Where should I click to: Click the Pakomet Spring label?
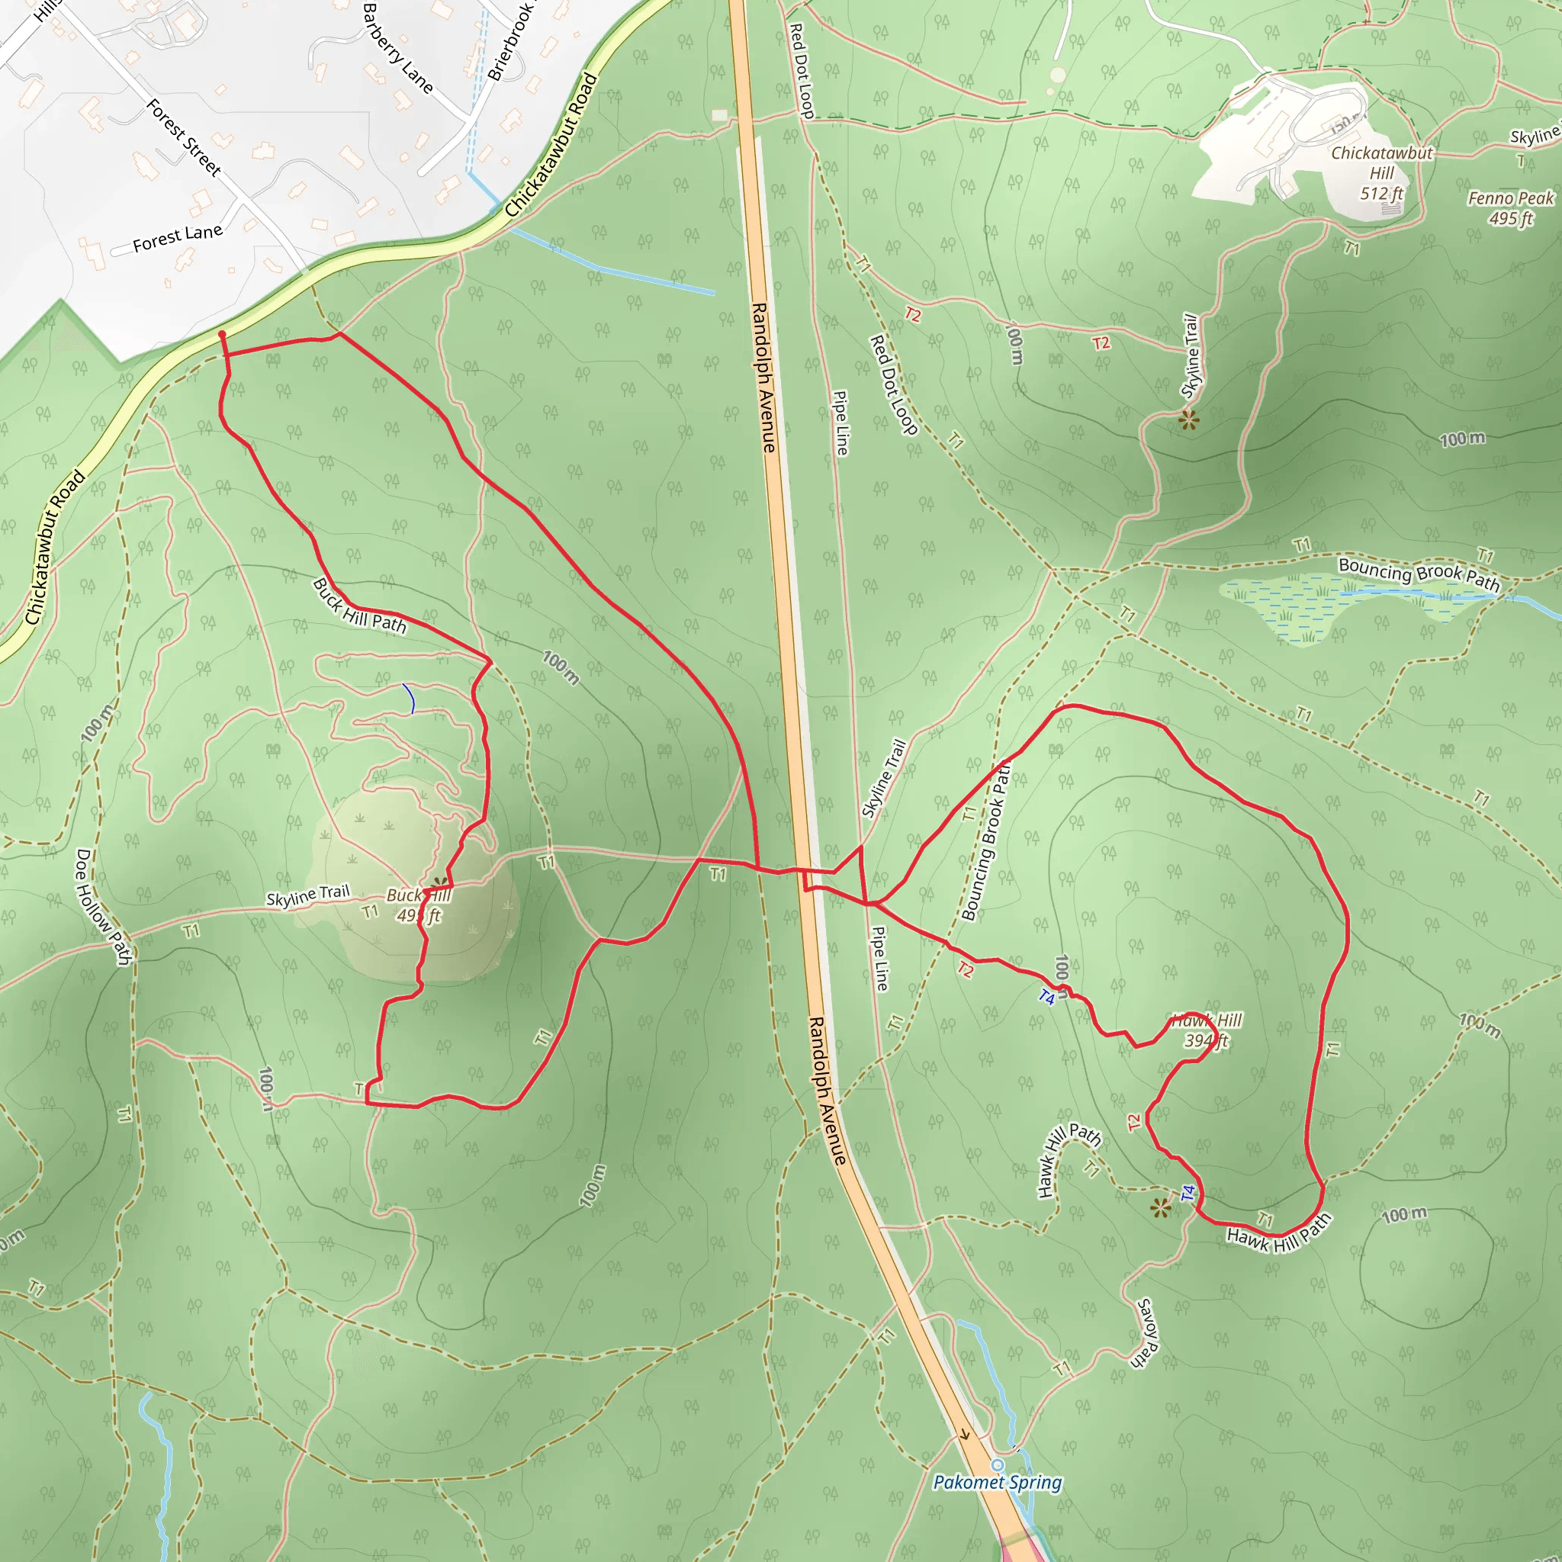tap(997, 1482)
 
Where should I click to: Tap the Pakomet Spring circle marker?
tap(998, 1465)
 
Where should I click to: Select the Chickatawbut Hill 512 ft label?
tap(1382, 172)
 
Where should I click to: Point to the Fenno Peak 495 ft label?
tap(1510, 207)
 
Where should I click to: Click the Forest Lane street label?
tap(177, 237)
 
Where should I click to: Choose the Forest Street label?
tap(184, 137)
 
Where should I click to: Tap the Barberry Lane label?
tap(398, 49)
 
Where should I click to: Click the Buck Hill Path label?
tap(359, 605)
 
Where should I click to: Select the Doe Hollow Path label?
tap(102, 906)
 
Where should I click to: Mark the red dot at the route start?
tap(221, 334)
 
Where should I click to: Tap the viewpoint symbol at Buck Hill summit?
tap(440, 883)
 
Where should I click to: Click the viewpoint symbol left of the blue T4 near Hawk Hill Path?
tap(1160, 1209)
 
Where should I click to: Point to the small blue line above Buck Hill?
tap(409, 699)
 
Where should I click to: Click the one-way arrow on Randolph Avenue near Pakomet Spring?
tap(964, 1435)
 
